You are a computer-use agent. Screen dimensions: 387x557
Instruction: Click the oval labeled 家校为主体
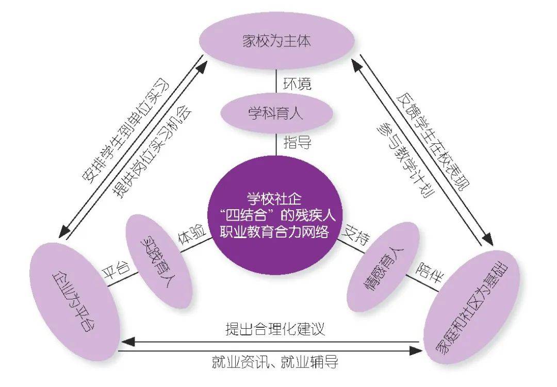point(277,41)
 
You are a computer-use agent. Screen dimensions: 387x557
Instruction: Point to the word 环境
point(297,82)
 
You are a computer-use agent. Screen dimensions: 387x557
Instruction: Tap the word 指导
point(297,142)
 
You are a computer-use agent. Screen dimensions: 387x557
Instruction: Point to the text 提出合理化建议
point(275,329)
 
